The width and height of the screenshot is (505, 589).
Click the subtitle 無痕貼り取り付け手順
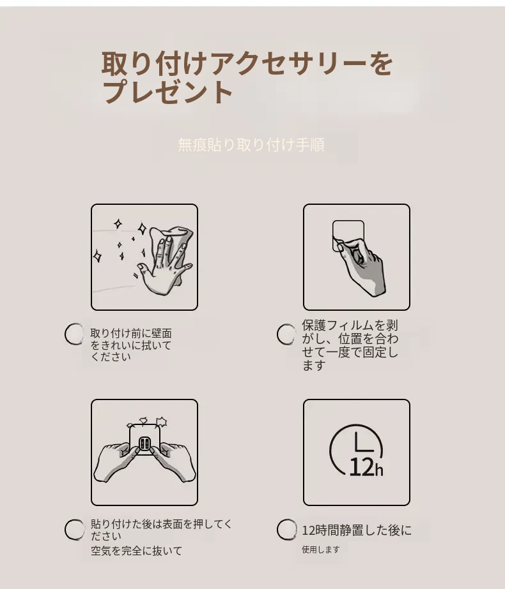[x=251, y=145]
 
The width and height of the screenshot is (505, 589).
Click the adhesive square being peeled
[x=348, y=235]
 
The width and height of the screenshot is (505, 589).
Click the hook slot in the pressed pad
[x=144, y=444]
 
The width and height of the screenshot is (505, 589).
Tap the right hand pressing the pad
[x=176, y=461]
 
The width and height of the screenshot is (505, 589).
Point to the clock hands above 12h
[x=364, y=442]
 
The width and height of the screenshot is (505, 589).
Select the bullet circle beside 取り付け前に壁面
[x=74, y=334]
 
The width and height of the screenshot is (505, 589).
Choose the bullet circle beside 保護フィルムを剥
[x=286, y=334]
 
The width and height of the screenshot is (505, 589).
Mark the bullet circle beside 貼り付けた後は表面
[x=75, y=530]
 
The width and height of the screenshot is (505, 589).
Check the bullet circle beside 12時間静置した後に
[x=287, y=530]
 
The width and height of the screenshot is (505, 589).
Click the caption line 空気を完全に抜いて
[x=136, y=551]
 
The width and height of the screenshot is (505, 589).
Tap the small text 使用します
[x=321, y=549]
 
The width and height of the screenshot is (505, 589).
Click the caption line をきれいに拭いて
[x=131, y=345]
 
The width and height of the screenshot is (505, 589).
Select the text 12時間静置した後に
[x=357, y=530]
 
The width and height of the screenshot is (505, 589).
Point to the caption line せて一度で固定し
[x=350, y=352]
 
